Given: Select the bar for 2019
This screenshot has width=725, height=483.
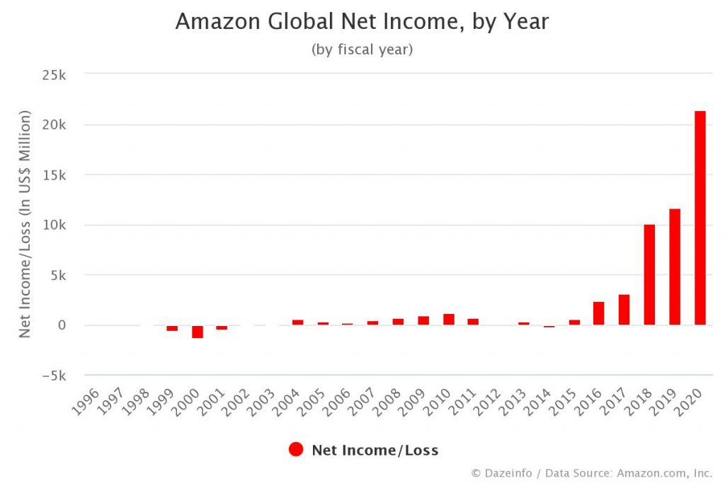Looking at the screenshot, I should click(x=675, y=267).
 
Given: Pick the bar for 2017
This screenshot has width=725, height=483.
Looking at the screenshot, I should click(x=624, y=310).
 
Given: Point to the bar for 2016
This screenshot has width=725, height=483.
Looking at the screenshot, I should click(x=599, y=313).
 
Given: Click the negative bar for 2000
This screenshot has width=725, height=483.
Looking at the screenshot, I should click(x=198, y=332).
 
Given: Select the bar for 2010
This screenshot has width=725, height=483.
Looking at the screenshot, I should click(x=449, y=320).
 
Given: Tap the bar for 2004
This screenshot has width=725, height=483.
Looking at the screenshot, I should click(x=297, y=322).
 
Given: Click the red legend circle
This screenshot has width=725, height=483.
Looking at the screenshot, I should click(x=296, y=450).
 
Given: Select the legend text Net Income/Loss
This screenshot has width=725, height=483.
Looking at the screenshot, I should click(x=375, y=450).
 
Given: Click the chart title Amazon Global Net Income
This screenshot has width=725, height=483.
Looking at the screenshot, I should click(x=362, y=22).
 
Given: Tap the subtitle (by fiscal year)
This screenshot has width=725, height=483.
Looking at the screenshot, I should click(x=362, y=50).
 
